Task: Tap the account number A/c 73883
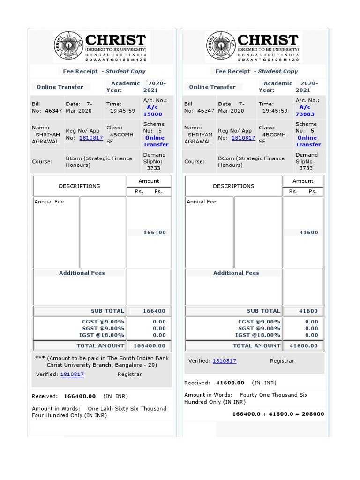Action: point(305,111)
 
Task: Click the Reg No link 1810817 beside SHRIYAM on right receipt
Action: point(243,138)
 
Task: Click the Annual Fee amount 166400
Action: point(154,232)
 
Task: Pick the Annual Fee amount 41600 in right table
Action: point(308,232)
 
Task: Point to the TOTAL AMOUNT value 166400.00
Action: point(150,346)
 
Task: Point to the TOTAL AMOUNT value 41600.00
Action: point(303,346)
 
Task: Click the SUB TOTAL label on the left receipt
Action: point(107,311)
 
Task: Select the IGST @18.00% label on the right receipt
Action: point(258,335)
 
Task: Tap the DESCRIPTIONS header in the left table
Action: point(79,186)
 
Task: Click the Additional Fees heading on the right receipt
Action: point(236,273)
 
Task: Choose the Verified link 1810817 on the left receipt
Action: point(72,375)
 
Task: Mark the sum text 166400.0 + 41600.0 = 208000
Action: point(278,414)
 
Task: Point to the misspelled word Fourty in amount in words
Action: point(249,395)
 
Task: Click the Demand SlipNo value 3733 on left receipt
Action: point(153,168)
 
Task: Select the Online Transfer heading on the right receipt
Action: point(212,87)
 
